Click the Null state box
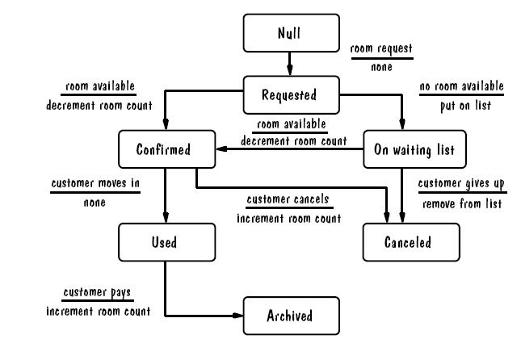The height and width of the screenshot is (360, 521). (288, 35)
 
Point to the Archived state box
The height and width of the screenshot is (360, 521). (288, 314)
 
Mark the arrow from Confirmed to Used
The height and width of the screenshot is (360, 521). (166, 195)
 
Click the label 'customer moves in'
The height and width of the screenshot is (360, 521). (95, 184)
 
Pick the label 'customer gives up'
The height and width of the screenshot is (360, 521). (462, 185)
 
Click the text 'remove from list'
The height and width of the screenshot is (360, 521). (462, 204)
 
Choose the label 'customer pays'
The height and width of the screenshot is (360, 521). (95, 291)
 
